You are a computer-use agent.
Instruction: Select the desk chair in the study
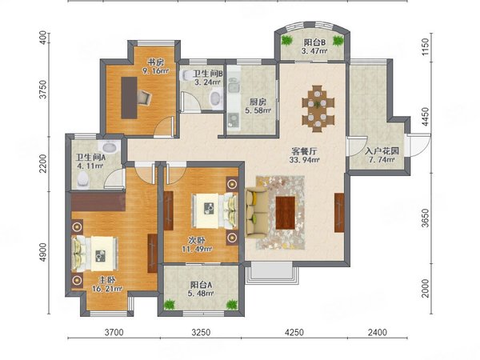coord(143,97)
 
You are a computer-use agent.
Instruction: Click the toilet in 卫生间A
coord(83,178)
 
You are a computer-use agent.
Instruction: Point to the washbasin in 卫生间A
coord(110,147)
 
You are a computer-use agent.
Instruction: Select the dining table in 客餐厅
coord(318,109)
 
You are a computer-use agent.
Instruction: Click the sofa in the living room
coord(256,213)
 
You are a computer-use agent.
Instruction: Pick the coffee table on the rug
coord(286,213)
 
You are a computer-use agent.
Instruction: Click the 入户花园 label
coord(382,151)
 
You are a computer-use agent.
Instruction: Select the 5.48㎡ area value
coord(202,294)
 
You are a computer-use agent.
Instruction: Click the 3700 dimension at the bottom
coord(114,332)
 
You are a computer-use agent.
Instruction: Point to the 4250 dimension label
coord(294,332)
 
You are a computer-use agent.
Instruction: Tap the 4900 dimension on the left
coord(43,252)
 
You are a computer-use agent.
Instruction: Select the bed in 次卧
coord(215,211)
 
